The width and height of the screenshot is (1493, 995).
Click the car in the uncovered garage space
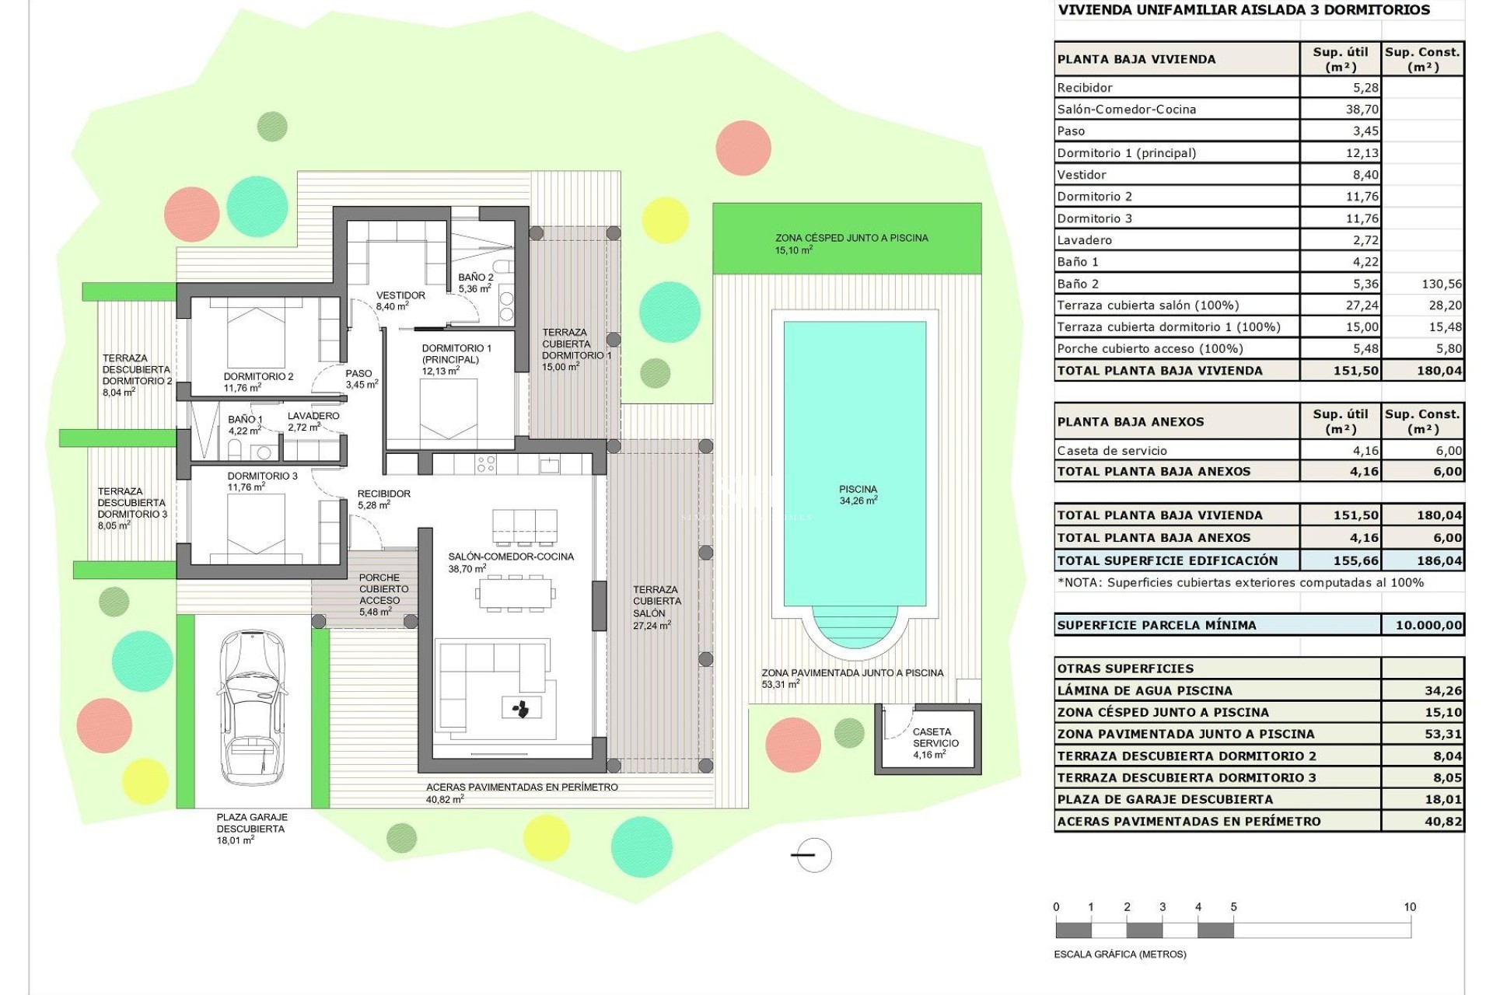pos(251,707)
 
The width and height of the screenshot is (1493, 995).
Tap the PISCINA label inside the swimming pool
pos(858,490)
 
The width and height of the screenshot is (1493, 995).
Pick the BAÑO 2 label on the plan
pos(475,278)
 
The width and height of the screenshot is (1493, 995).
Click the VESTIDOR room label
pos(400,296)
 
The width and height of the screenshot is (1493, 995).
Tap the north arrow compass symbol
pos(813,855)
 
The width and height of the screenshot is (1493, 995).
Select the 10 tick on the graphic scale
pos(1410,907)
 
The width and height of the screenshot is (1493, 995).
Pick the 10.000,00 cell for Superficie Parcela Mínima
pos(1428,625)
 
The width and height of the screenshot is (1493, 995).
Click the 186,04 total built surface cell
pos(1439,560)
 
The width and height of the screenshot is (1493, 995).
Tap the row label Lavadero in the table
pos(1084,240)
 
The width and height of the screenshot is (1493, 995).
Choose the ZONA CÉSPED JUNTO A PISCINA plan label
pos(851,238)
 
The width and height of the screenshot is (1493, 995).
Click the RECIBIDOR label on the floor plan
pos(383,494)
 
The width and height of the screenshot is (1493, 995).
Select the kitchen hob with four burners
pos(486,464)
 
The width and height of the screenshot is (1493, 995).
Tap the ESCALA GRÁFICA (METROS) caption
pos(1120,954)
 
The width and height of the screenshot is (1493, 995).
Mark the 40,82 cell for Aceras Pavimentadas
pos(1443,822)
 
